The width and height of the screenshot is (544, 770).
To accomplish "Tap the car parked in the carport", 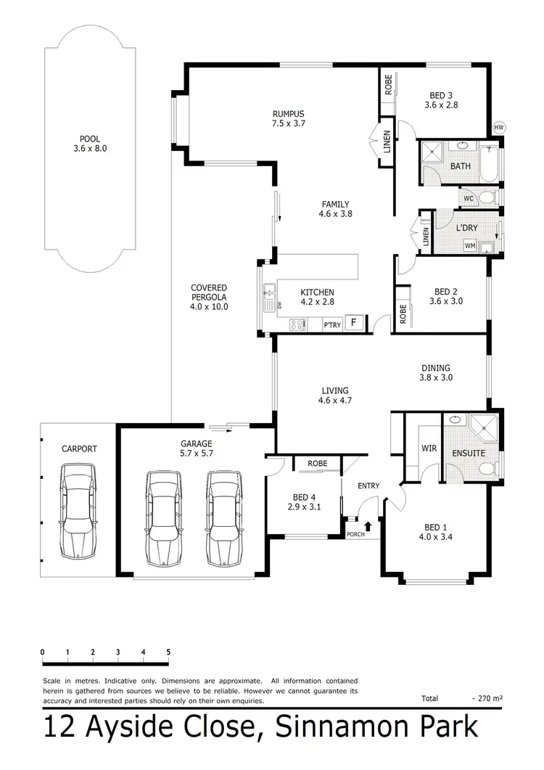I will (79, 512).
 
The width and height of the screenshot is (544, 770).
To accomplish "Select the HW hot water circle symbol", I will (498, 128).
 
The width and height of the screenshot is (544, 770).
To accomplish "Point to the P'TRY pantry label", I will (332, 326).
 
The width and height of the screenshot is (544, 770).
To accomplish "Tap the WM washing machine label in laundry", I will (470, 246).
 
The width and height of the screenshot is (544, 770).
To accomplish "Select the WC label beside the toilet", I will (469, 198).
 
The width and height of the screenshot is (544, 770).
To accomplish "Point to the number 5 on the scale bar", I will (168, 652).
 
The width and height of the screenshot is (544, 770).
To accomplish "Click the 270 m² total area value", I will (490, 698).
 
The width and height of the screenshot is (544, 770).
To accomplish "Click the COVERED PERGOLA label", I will (210, 297).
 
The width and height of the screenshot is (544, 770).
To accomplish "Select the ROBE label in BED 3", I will (389, 86).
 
